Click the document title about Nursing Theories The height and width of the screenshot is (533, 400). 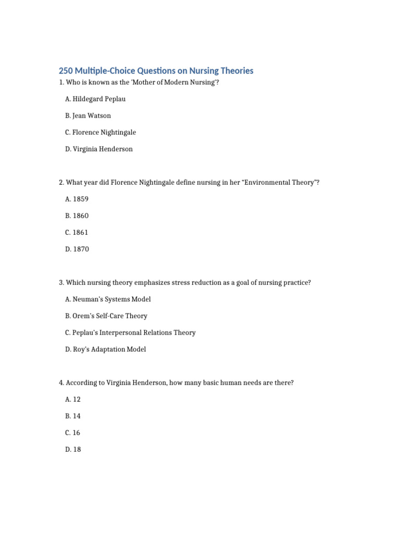pyautogui.click(x=156, y=71)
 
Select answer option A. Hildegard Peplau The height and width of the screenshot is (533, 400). pyautogui.click(x=95, y=99)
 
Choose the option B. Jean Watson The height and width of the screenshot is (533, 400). pyautogui.click(x=88, y=116)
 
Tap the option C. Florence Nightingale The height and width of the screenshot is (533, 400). pyautogui.click(x=101, y=132)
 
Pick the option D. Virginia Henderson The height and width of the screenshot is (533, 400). pyautogui.click(x=99, y=149)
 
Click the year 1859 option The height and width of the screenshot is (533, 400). pyautogui.click(x=77, y=199)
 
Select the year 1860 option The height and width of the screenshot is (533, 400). pyautogui.click(x=77, y=215)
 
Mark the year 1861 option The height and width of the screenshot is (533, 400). pyautogui.click(x=77, y=232)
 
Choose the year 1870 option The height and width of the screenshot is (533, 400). pyautogui.click(x=77, y=249)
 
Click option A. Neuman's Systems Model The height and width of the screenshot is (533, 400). pyautogui.click(x=108, y=299)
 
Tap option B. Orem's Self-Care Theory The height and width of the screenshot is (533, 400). pyautogui.click(x=106, y=316)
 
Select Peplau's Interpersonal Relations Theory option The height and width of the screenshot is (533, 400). pyautogui.click(x=130, y=333)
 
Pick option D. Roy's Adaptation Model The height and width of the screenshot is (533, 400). pyautogui.click(x=106, y=349)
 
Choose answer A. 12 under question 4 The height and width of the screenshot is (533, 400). pyautogui.click(x=73, y=399)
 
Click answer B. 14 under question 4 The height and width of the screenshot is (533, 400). pyautogui.click(x=73, y=416)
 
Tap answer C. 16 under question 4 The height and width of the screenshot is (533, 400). pyautogui.click(x=73, y=433)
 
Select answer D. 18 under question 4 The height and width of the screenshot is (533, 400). pyautogui.click(x=73, y=449)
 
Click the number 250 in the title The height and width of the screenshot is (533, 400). pyautogui.click(x=67, y=71)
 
